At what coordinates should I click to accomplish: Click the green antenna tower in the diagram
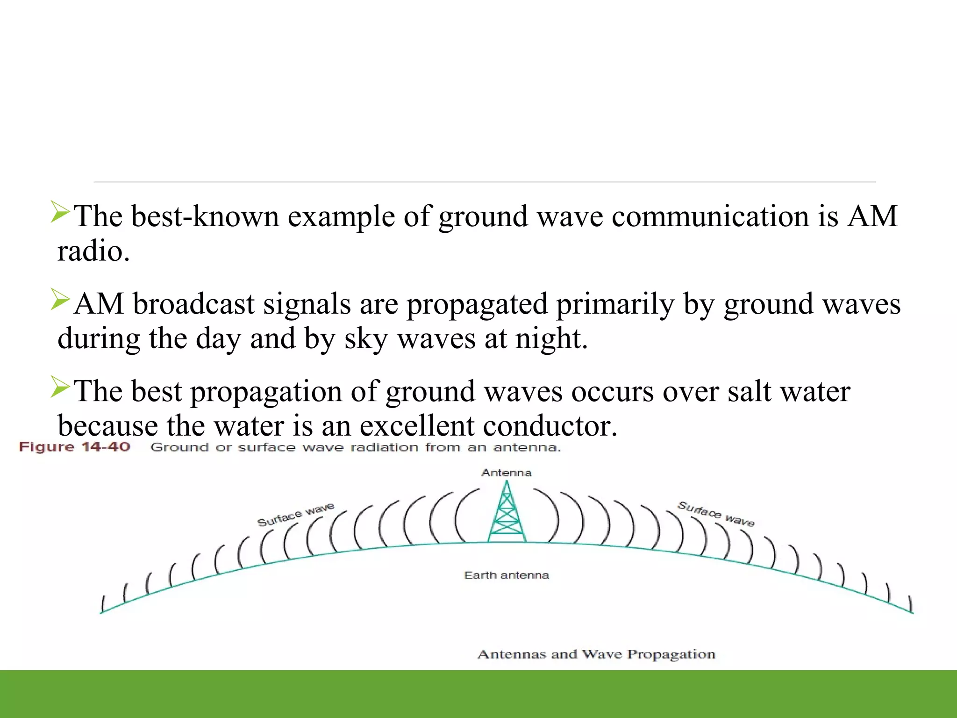click(x=507, y=514)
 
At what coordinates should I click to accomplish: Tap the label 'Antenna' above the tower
click(x=507, y=473)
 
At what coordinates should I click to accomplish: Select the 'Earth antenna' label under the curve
click(x=507, y=575)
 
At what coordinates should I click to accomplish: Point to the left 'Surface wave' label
click(x=296, y=515)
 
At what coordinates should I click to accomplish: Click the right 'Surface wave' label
click(x=716, y=514)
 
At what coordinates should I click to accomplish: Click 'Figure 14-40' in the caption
click(x=74, y=447)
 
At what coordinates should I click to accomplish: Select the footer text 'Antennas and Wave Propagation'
click(x=596, y=654)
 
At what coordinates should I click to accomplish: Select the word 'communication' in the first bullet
click(x=710, y=216)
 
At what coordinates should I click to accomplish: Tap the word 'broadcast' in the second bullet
click(x=193, y=304)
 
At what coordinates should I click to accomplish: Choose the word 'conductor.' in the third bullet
click(x=550, y=426)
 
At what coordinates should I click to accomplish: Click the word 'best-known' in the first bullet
click(x=205, y=216)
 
